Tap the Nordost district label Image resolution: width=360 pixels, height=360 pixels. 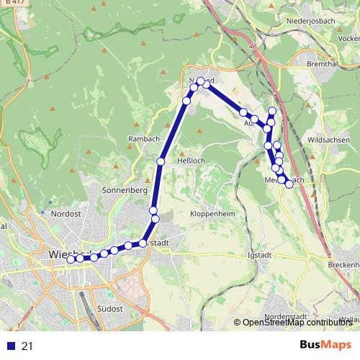[66, 213]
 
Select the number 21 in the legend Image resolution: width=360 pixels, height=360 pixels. [27, 346]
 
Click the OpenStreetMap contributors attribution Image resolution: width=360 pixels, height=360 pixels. [297, 323]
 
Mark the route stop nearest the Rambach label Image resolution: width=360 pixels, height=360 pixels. [161, 161]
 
